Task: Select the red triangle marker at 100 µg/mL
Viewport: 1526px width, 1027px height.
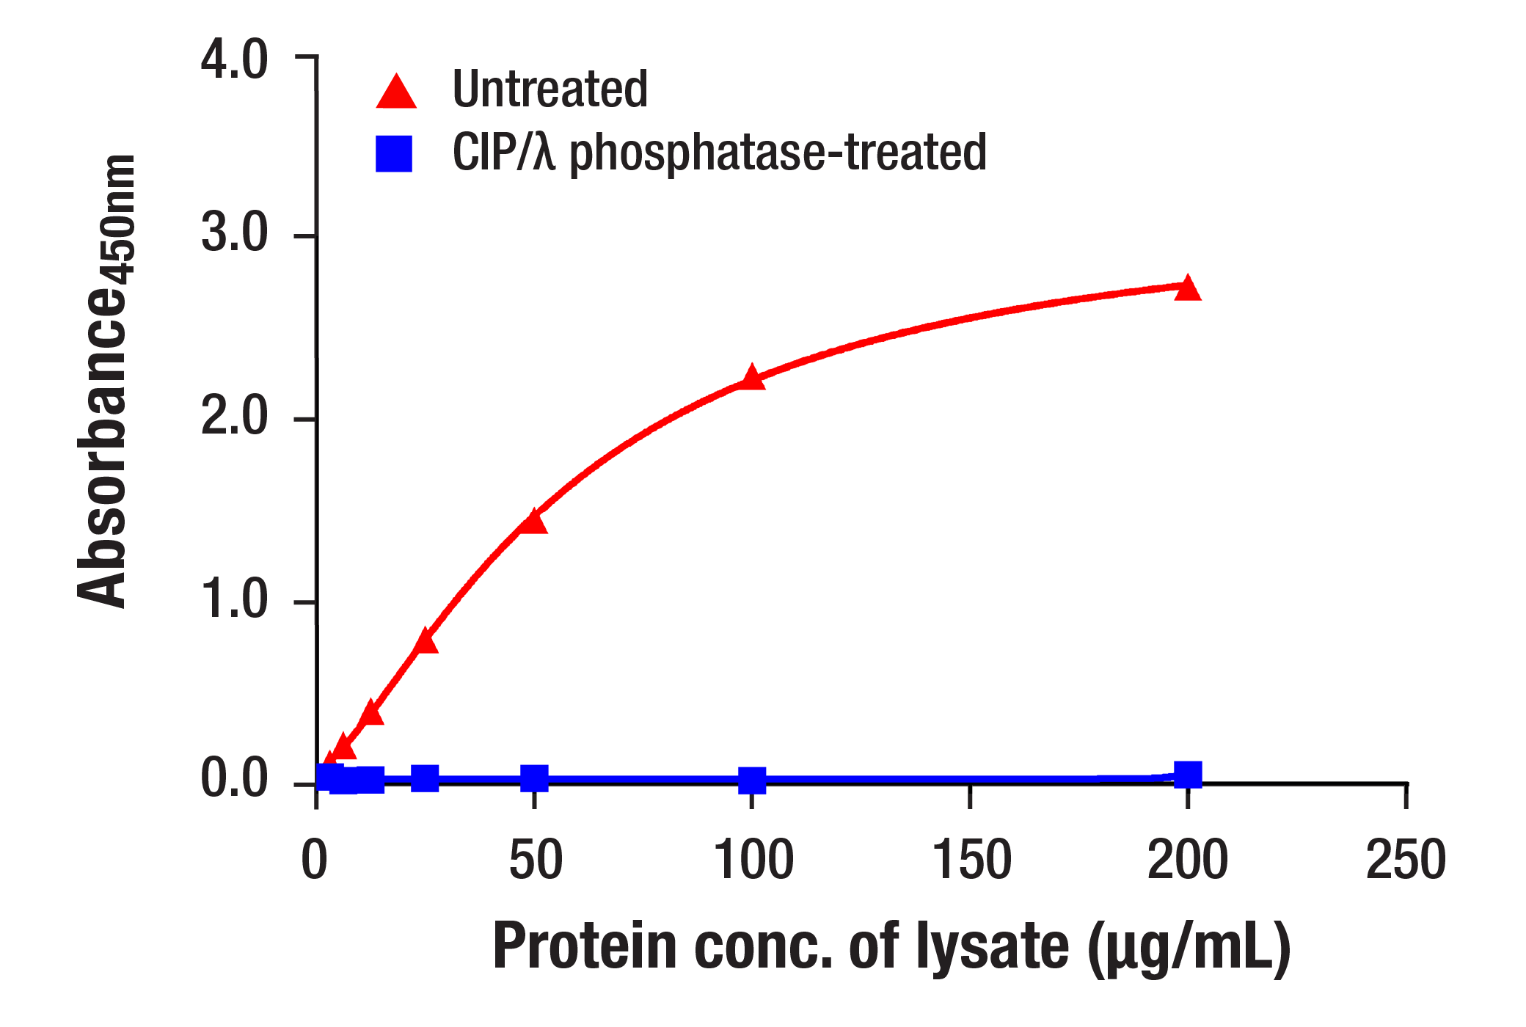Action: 751,379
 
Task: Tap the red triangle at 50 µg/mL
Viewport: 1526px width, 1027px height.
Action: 533,522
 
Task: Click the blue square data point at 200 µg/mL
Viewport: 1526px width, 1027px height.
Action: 1187,775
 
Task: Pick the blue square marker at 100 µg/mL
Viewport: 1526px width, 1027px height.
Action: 751,781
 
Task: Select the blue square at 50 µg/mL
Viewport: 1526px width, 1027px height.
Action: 534,778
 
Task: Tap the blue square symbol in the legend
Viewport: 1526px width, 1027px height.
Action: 394,153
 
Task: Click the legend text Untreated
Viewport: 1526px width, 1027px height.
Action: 550,89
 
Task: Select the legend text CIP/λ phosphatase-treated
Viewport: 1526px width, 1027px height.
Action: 719,153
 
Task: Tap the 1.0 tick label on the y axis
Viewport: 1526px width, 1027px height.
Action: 235,600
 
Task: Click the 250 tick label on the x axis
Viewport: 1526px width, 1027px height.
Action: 1405,860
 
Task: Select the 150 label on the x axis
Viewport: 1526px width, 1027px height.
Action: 971,860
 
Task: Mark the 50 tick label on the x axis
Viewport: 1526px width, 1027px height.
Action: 536,860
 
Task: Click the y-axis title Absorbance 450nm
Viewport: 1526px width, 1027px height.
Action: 106,381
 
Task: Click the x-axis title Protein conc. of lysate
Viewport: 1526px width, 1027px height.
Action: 891,948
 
